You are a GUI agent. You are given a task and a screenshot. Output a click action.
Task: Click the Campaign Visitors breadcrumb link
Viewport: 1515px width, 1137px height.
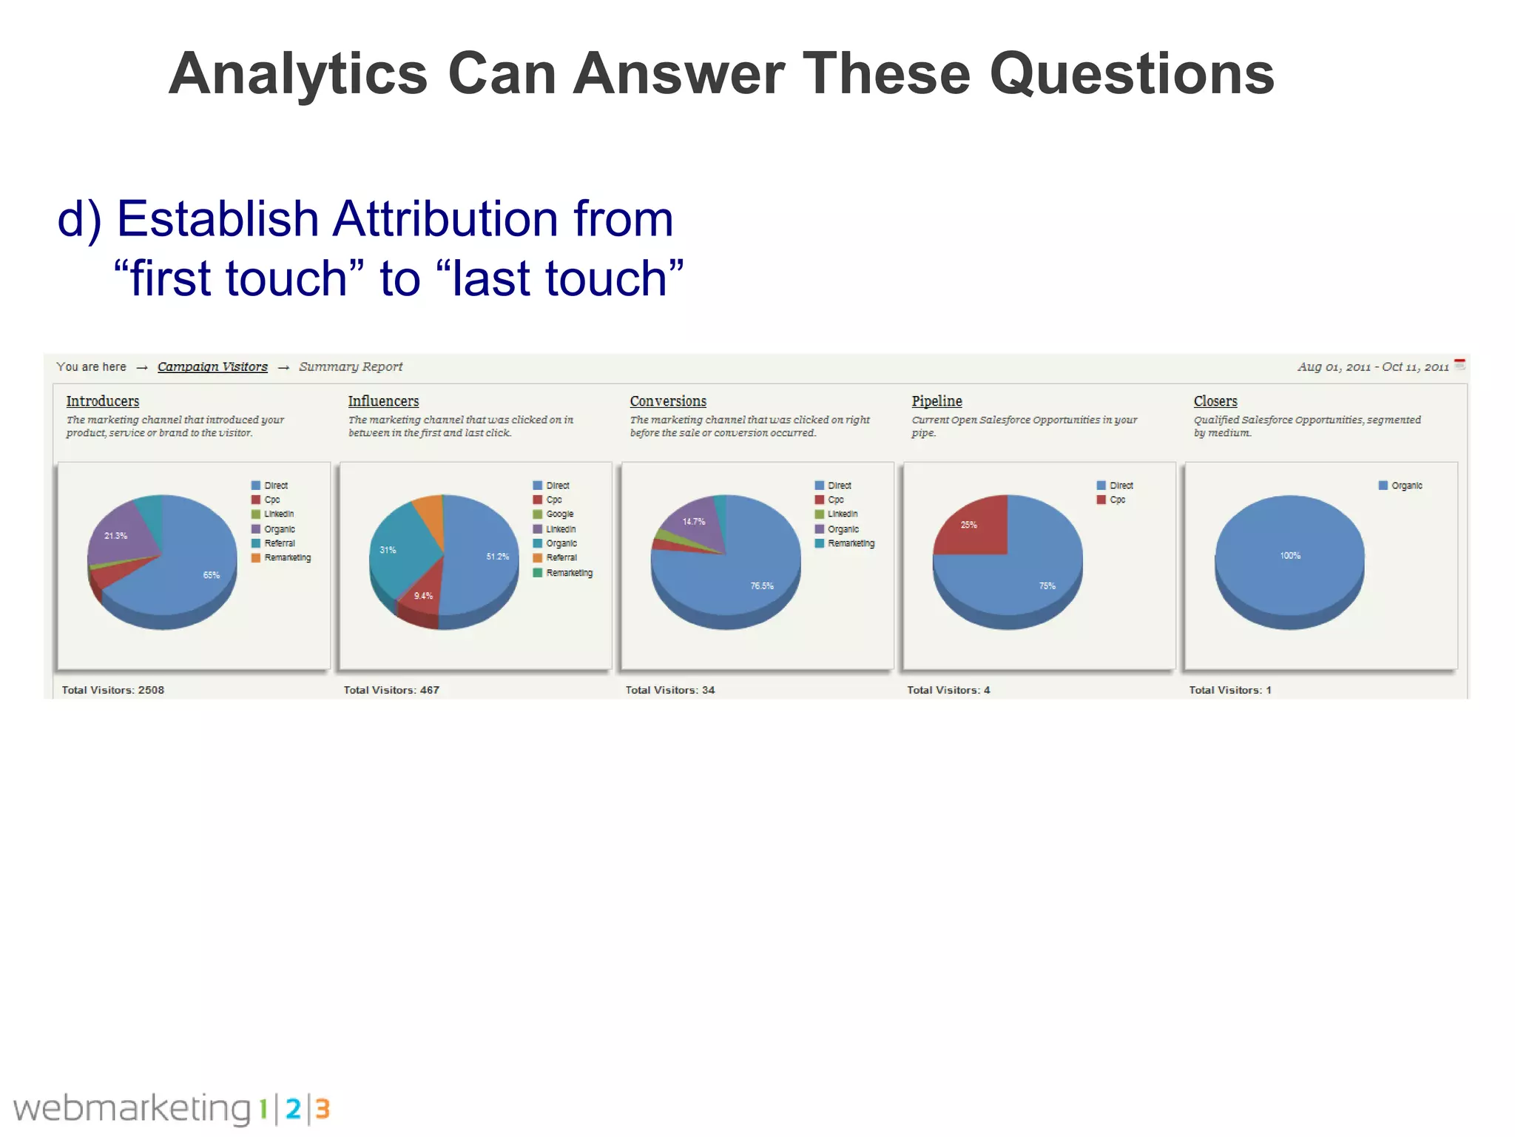tap(212, 366)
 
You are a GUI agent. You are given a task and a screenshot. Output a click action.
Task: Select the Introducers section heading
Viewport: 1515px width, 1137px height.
tap(103, 401)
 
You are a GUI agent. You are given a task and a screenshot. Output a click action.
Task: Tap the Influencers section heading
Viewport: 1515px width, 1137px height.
tap(383, 401)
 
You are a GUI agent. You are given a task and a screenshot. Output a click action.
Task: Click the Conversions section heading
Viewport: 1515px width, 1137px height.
tap(668, 401)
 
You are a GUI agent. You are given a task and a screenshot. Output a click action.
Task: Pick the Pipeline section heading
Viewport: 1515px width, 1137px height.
tap(937, 401)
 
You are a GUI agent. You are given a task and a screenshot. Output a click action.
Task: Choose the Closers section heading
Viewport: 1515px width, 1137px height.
tap(1215, 401)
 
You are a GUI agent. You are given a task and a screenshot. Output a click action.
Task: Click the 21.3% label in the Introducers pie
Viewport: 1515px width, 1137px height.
tap(115, 536)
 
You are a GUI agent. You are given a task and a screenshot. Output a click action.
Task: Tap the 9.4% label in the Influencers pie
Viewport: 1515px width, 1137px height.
tap(423, 596)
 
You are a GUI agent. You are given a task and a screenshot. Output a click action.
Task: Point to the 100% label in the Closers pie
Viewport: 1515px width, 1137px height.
tap(1290, 556)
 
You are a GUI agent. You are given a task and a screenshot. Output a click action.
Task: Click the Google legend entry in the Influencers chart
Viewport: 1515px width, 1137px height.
tap(559, 514)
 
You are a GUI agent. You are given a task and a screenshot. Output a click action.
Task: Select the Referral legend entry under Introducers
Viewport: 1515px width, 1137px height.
tap(279, 543)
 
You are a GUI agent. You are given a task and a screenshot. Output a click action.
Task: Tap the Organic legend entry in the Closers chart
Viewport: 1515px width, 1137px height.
tap(1406, 486)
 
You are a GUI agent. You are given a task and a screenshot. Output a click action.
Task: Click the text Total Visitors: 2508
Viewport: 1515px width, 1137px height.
tap(113, 690)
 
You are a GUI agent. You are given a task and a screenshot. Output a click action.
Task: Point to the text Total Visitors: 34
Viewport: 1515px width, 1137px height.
tap(670, 690)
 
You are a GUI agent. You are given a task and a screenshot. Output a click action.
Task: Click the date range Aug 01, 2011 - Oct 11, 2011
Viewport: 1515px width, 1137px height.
tap(1373, 367)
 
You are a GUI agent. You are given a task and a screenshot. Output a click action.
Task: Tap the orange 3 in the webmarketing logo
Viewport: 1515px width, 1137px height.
tap(323, 1109)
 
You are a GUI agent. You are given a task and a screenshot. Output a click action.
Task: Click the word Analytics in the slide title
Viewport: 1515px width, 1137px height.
tap(298, 74)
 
